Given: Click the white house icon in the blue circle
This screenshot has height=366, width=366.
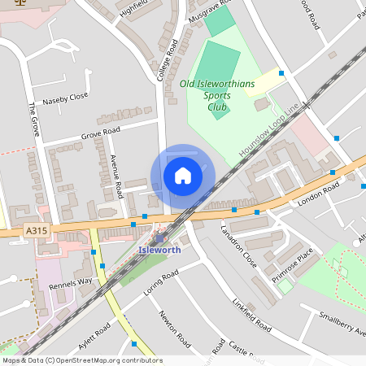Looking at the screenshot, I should (183, 176).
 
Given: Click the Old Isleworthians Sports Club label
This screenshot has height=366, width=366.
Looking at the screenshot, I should (217, 94).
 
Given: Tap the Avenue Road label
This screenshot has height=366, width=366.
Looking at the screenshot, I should (117, 176).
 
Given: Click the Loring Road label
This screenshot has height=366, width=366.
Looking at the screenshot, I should (159, 284).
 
